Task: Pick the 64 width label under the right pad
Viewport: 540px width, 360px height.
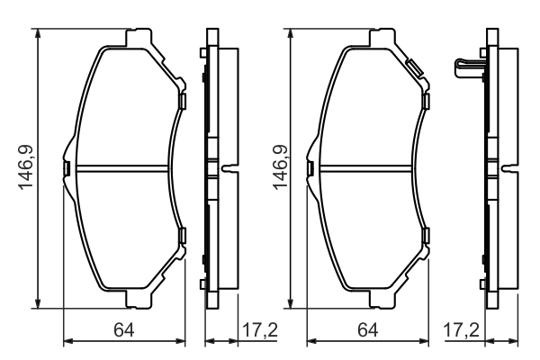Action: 368,330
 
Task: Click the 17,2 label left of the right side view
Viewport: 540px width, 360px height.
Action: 461,330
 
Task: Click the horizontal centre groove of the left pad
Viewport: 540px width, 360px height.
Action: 121,167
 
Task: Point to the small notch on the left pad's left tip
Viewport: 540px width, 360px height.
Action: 66,167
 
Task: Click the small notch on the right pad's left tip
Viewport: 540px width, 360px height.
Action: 310,167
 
